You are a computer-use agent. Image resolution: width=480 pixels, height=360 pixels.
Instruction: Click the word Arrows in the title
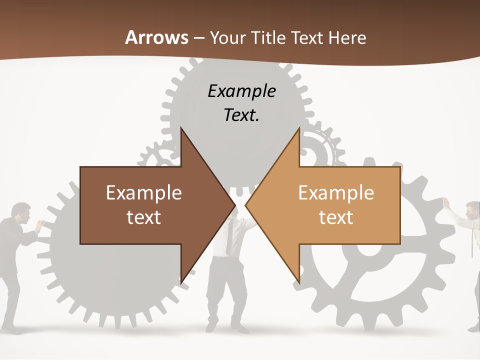(156, 37)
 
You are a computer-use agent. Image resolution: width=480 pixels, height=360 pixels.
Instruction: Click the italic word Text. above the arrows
(241, 115)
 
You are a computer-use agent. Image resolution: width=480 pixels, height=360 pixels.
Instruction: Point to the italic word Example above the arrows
(241, 91)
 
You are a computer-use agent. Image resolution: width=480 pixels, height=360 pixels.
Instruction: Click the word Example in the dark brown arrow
(144, 193)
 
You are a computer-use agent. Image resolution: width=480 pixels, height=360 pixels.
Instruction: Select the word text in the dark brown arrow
(144, 217)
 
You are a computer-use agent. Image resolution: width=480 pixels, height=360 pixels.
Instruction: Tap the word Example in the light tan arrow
(336, 193)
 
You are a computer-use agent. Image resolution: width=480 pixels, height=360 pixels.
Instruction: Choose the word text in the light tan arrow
(336, 217)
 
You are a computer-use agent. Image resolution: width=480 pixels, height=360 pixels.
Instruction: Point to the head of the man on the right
(472, 210)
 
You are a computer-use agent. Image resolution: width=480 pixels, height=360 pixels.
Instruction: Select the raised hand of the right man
(445, 202)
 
